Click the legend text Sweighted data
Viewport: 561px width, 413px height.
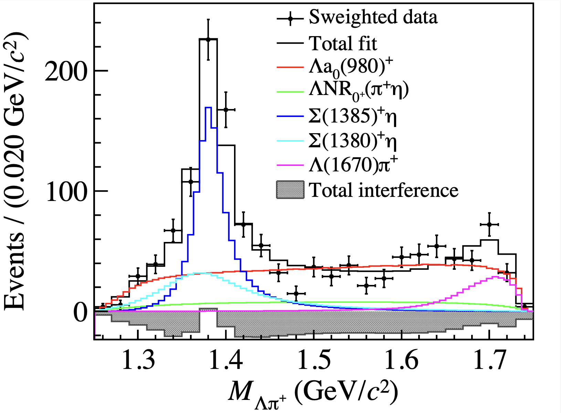pos(373,17)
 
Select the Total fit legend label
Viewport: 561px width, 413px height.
pos(343,44)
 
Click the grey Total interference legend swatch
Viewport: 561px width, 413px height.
pos(290,190)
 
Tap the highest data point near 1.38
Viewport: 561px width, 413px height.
pos(208,40)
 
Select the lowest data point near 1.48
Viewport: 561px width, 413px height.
pos(296,294)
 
